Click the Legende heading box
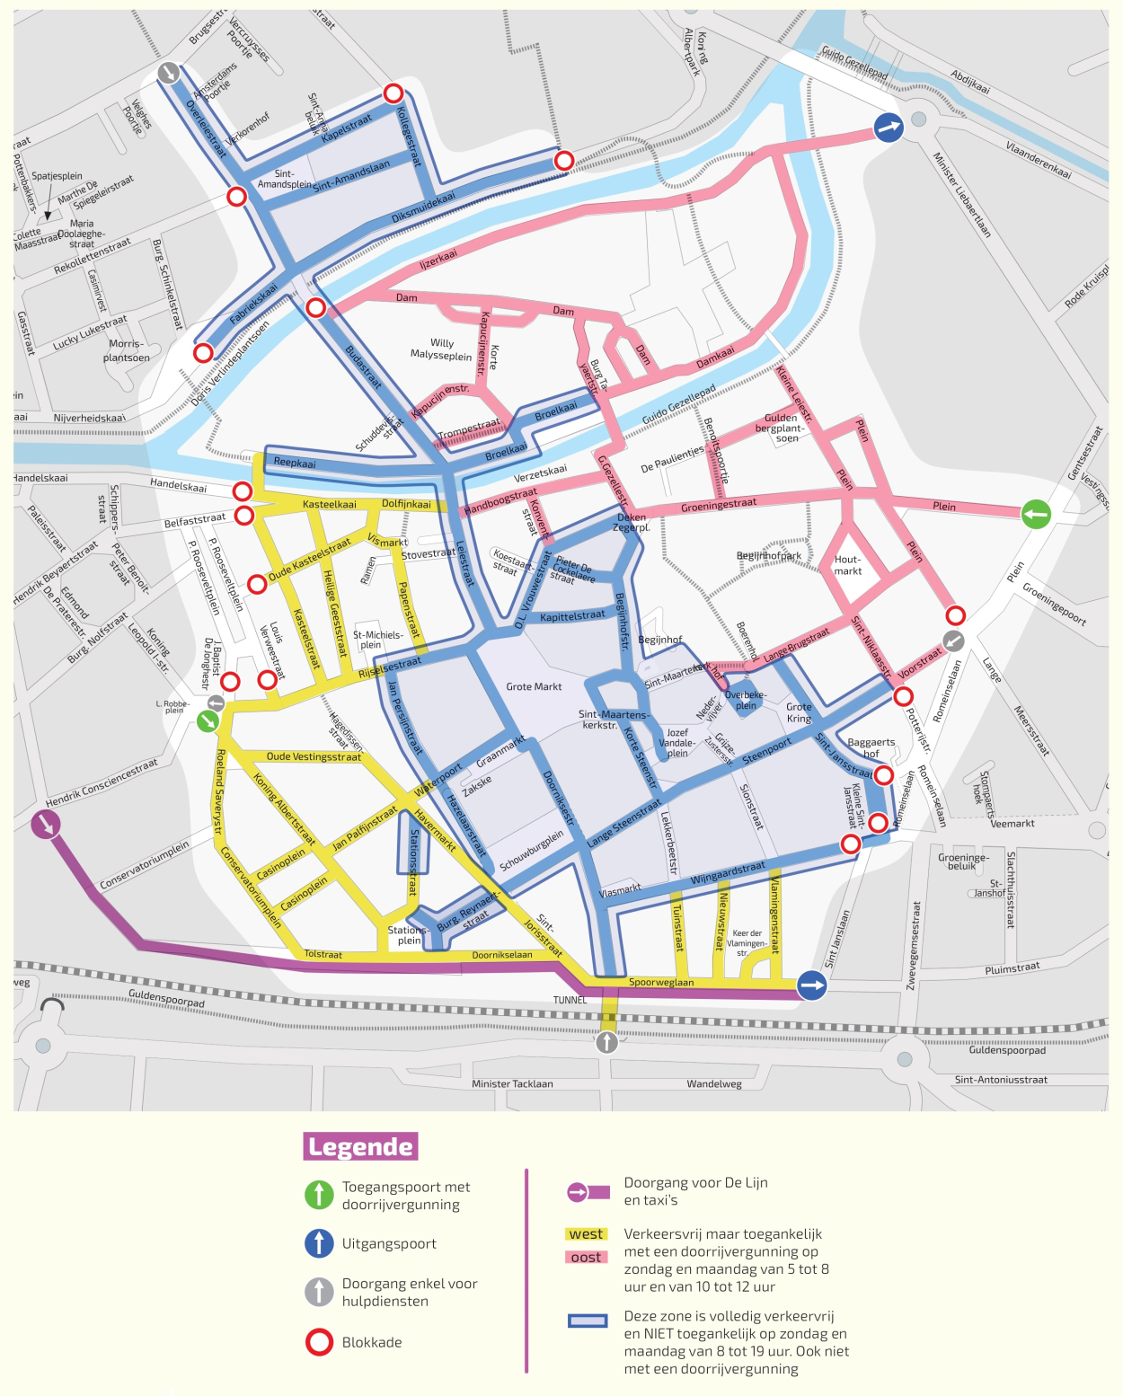point(360,1146)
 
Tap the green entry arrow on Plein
point(1036,514)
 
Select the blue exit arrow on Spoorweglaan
point(812,985)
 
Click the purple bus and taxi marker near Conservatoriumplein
point(45,824)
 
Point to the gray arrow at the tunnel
point(607,1041)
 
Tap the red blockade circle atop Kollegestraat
point(393,93)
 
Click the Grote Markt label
point(534,686)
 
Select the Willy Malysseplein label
point(441,349)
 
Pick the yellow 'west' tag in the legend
point(586,1234)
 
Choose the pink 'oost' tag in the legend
point(586,1257)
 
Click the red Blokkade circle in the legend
point(319,1342)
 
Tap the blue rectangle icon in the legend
point(588,1321)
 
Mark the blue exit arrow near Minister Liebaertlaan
point(888,128)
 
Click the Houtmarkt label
point(847,565)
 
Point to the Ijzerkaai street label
point(438,260)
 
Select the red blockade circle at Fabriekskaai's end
point(204,352)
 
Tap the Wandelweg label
point(714,1083)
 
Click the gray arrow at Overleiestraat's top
point(168,73)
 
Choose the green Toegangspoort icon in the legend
point(319,1195)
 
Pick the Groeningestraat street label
point(718,505)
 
